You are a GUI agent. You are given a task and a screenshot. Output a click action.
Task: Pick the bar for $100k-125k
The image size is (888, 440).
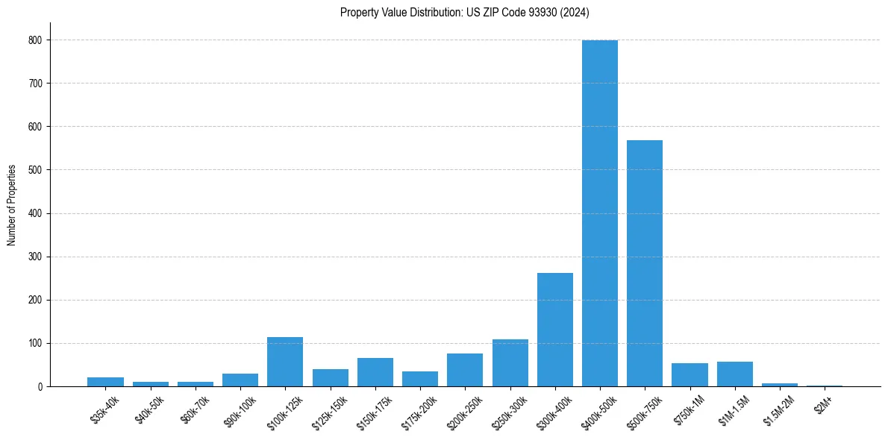pyautogui.click(x=285, y=362)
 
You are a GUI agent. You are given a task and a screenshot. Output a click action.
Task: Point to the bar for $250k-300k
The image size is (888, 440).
pyautogui.click(x=510, y=363)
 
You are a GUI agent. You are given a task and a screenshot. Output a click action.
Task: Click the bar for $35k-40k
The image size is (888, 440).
pyautogui.click(x=105, y=382)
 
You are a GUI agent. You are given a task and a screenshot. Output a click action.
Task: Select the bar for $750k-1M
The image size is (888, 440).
pyautogui.click(x=690, y=375)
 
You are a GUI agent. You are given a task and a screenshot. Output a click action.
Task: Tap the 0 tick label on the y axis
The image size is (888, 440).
pyautogui.click(x=40, y=387)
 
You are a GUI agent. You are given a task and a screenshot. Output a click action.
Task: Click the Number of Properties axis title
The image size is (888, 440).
pyautogui.click(x=11, y=205)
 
